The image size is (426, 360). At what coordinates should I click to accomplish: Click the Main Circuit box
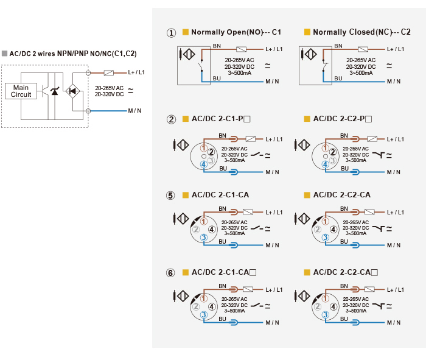click(21, 91)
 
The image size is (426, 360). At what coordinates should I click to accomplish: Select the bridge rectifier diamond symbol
click(72, 91)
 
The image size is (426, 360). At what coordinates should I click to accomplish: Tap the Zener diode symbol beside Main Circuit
click(55, 91)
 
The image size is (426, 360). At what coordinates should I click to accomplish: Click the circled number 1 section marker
click(171, 33)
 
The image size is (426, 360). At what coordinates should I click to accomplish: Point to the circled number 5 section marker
click(170, 195)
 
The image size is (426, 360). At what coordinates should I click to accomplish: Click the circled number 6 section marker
click(170, 273)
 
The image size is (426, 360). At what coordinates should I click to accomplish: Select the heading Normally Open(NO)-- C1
click(236, 32)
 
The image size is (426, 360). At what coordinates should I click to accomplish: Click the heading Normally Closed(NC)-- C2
click(361, 32)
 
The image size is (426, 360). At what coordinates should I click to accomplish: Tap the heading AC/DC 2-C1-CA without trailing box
click(220, 195)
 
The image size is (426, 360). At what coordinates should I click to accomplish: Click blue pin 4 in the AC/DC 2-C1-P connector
click(204, 164)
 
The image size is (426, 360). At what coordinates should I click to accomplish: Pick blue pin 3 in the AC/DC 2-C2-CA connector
click(325, 238)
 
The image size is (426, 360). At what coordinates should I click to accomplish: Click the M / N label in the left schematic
click(134, 111)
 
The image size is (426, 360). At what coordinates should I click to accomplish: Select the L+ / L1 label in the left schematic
click(136, 72)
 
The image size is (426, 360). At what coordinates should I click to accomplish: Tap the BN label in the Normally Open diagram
click(217, 46)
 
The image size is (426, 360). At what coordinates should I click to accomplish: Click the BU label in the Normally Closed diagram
click(338, 79)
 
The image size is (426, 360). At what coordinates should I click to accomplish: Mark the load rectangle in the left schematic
click(109, 72)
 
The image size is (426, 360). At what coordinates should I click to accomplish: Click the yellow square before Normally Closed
click(307, 32)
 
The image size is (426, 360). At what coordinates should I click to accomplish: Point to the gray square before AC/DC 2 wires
click(4, 53)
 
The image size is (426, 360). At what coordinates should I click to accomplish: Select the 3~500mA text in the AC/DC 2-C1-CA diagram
click(235, 233)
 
